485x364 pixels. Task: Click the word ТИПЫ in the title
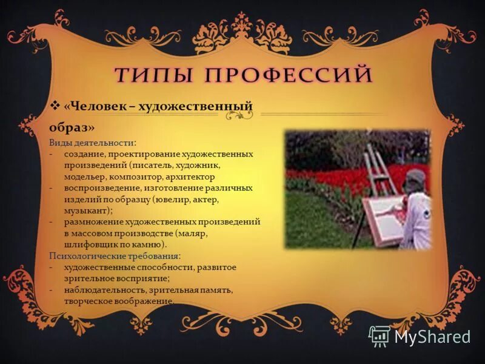pos(153,75)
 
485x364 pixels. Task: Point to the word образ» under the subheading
pos(72,129)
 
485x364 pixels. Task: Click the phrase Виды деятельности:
pos(93,143)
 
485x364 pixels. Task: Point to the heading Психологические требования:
pos(115,255)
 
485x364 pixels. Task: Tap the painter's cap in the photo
pos(417,177)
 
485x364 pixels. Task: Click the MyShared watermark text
pos(432,335)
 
